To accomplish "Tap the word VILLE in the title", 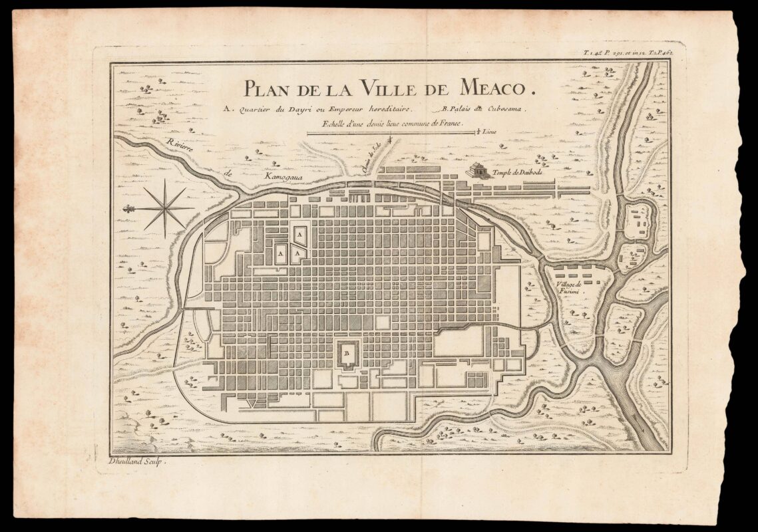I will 392,87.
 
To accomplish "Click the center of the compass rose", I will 163,208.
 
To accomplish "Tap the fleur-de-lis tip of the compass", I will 126,209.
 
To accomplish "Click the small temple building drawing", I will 476,170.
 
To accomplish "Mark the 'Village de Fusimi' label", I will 566,288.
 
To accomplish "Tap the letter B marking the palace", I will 346,353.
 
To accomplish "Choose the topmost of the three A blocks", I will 300,235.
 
